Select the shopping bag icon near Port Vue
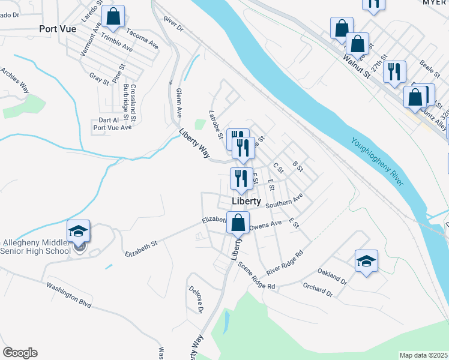click(x=113, y=17)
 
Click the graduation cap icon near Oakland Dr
click(x=366, y=261)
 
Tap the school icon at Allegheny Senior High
click(x=78, y=232)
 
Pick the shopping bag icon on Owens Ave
click(x=238, y=223)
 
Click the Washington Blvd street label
click(x=68, y=295)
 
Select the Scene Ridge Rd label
click(x=256, y=276)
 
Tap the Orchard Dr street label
click(x=318, y=290)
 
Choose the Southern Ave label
click(x=285, y=201)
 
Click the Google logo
click(x=20, y=353)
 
